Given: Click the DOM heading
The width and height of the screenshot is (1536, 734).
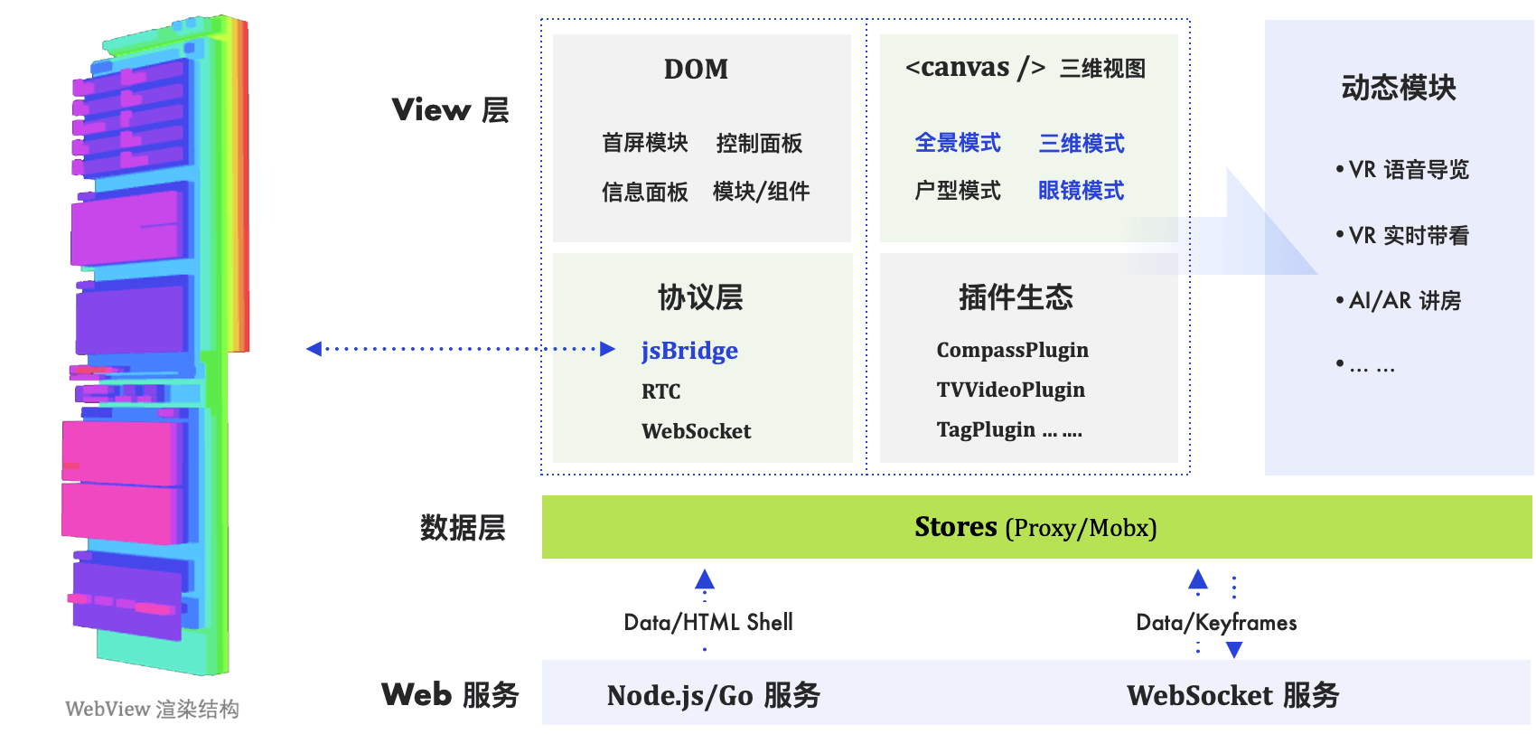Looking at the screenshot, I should click(x=696, y=70).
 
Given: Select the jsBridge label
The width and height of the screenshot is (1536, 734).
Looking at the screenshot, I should click(x=689, y=351).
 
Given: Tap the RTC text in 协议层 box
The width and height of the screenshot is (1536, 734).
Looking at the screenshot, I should click(x=660, y=391).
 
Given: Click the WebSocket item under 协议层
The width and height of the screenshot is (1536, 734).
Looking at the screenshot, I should click(x=696, y=431).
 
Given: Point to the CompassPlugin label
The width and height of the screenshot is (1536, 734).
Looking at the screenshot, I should click(x=1012, y=350).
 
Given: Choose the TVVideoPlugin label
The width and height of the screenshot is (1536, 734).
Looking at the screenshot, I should click(x=1010, y=390).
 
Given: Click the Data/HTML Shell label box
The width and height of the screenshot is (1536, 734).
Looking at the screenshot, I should click(x=709, y=622).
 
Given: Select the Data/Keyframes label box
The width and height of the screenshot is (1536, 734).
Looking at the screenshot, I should click(x=1216, y=622).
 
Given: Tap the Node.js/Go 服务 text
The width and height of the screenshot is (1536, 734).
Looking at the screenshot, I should click(x=713, y=695).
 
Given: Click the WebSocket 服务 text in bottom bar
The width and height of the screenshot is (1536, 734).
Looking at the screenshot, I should click(x=1232, y=695).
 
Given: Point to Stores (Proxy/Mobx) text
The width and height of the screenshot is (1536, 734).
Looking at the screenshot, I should click(x=1035, y=527).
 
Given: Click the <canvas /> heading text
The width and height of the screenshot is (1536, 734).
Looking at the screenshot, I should click(x=975, y=68).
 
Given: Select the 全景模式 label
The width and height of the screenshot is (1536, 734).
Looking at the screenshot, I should click(x=958, y=143).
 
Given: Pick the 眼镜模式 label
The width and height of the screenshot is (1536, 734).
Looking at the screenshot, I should click(x=1081, y=191).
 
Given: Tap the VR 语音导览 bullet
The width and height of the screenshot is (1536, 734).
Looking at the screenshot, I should click(x=1407, y=170).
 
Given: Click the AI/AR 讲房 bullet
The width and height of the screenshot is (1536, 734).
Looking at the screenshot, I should click(x=1403, y=300).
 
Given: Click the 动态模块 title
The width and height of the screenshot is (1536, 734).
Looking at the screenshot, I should click(x=1398, y=88).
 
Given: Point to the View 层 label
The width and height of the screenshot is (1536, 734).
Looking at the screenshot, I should click(x=450, y=110).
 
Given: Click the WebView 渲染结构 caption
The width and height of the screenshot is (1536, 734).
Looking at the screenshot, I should click(x=152, y=709).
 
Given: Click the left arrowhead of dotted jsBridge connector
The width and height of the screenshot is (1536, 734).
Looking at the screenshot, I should click(x=314, y=349).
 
